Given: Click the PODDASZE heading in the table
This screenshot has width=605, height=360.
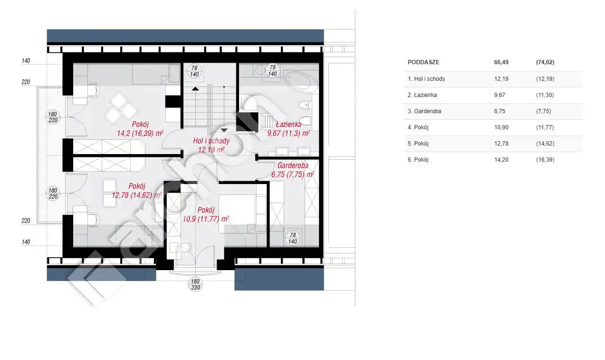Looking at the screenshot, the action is point(423,62).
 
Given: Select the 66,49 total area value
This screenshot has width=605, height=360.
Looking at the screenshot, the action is point(501,62).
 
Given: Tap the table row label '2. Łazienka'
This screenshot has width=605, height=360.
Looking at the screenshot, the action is point(422,95).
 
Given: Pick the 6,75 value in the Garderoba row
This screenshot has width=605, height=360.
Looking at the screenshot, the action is point(499,111).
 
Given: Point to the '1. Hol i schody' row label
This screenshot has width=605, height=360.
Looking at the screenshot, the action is point(426,79).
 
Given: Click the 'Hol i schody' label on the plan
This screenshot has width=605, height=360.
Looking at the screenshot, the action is point(211,141).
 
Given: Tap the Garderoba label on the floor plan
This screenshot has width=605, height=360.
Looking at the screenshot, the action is point(293,165).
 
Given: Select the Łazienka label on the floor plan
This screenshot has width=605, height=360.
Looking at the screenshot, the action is point(288,124).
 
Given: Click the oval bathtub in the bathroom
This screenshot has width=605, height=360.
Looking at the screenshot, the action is point(301,82).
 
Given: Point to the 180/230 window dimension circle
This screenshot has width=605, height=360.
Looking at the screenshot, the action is point(195,284).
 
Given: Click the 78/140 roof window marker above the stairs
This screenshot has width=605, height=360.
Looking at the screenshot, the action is point(194,71).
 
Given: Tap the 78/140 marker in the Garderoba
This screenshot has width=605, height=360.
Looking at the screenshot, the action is point(293,238).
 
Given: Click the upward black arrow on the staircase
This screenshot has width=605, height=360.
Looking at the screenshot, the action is point(195,88).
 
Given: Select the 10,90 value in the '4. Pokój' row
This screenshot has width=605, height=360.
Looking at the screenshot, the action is point(501,127).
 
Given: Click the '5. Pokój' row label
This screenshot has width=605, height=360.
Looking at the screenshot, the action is point(418,144).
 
